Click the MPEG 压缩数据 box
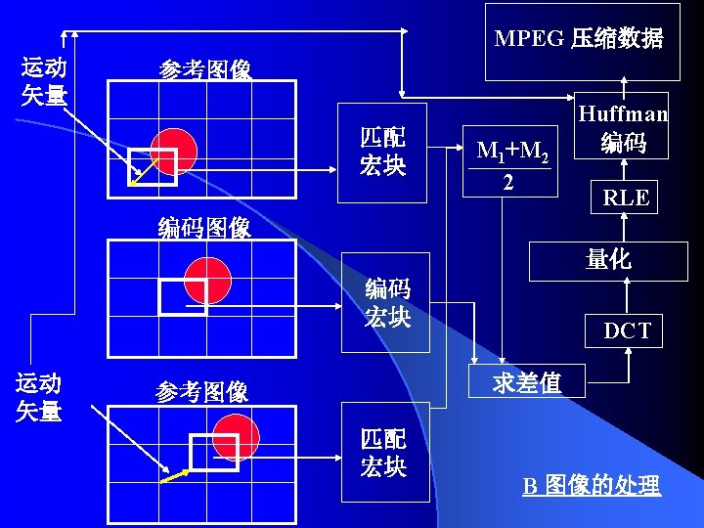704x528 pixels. coord(582,39)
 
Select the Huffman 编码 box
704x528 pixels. coord(623,127)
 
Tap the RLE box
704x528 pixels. coord(625,197)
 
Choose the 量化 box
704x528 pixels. coord(607,259)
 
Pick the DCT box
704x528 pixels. coord(626,330)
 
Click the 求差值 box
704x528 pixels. coord(527,382)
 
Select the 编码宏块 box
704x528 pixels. coord(386,302)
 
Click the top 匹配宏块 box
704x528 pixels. coord(382,152)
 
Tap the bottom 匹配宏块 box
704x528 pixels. coord(384,452)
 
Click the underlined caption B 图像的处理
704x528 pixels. coord(591,486)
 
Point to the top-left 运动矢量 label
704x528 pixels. coord(44,81)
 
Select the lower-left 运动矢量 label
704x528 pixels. coord(39,397)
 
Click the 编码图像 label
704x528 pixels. coord(204,228)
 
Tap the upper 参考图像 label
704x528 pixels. coord(205,70)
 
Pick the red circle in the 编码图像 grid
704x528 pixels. coord(207,281)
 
